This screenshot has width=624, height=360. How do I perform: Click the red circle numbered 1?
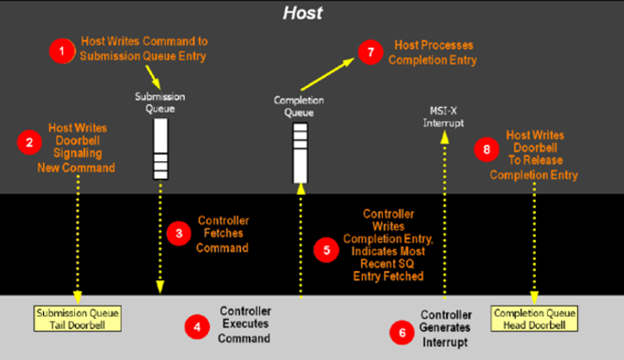pos(62,51)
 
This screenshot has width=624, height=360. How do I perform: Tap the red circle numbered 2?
pos(29,142)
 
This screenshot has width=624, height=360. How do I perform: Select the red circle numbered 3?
pos(179,233)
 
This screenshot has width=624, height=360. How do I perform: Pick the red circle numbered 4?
pos(197,327)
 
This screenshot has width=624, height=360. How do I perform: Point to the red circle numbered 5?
pos(326,250)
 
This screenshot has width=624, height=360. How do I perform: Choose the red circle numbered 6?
pos(402,333)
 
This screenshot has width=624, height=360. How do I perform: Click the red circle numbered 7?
pos(370,52)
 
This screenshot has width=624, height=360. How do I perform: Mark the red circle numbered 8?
pos(487,149)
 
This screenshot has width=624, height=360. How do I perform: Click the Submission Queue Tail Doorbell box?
pos(78,319)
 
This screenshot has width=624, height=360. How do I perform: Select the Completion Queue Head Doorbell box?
pos(534,319)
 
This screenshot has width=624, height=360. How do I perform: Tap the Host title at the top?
pos(303,13)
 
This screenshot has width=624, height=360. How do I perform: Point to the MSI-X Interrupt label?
pos(443,117)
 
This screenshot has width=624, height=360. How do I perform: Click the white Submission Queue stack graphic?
pos(160,149)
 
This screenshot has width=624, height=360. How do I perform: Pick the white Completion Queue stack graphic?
pos(301,153)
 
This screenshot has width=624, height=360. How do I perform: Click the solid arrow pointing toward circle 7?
pos(327,74)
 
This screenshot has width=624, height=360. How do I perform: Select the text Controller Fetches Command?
pos(223,235)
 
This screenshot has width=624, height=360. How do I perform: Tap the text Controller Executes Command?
pos(245,324)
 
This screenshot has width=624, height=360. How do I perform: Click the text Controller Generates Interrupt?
pos(445,329)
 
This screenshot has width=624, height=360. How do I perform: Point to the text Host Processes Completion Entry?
pos(432,52)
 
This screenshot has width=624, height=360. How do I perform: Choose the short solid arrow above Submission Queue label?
pos(153,77)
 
